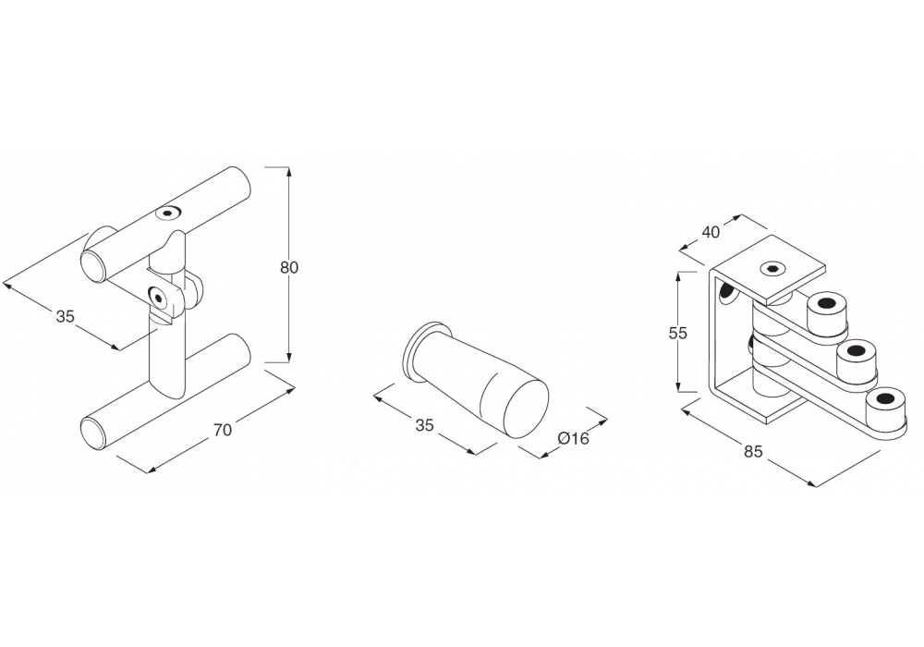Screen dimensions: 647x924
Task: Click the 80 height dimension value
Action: (x=289, y=267)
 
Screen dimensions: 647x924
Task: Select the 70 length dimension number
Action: (x=222, y=429)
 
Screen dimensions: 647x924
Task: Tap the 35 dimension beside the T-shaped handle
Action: (x=64, y=316)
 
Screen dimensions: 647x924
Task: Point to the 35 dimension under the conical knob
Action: (x=424, y=425)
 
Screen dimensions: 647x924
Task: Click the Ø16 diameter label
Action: (x=573, y=438)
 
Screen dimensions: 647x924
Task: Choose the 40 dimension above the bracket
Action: (x=711, y=232)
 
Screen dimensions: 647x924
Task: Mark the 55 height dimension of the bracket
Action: (x=678, y=334)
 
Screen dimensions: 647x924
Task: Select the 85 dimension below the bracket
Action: (x=752, y=452)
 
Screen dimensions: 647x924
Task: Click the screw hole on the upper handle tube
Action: (x=166, y=212)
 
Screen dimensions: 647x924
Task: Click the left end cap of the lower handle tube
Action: (x=93, y=433)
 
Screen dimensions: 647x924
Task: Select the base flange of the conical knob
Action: (x=416, y=349)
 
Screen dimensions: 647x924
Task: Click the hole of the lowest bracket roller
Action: (x=885, y=399)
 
